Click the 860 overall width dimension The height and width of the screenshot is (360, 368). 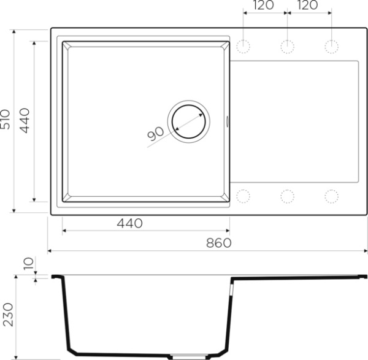(x=219, y=243)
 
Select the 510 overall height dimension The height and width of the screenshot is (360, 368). (x=6, y=119)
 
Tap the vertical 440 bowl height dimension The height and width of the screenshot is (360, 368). (x=25, y=121)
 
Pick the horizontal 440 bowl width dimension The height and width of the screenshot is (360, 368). (x=129, y=223)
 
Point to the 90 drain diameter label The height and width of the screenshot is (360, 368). (x=155, y=134)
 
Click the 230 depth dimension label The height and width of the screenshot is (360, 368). (x=8, y=315)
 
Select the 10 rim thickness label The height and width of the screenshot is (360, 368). (x=29, y=263)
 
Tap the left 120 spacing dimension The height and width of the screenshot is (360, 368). (x=263, y=5)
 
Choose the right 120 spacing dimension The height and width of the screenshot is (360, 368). (x=307, y=5)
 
